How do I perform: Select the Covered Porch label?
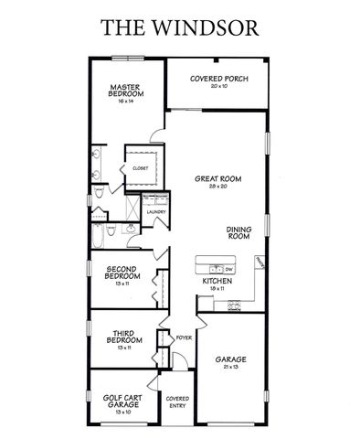pos(218,80)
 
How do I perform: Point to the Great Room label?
pos(217,179)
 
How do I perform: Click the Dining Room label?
pos(239,233)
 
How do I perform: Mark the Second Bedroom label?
pos(122,273)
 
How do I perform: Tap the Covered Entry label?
pos(177,403)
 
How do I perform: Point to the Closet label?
pos(140,169)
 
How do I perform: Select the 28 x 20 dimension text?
pos(217,187)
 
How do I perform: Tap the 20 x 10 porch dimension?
pos(218,87)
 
